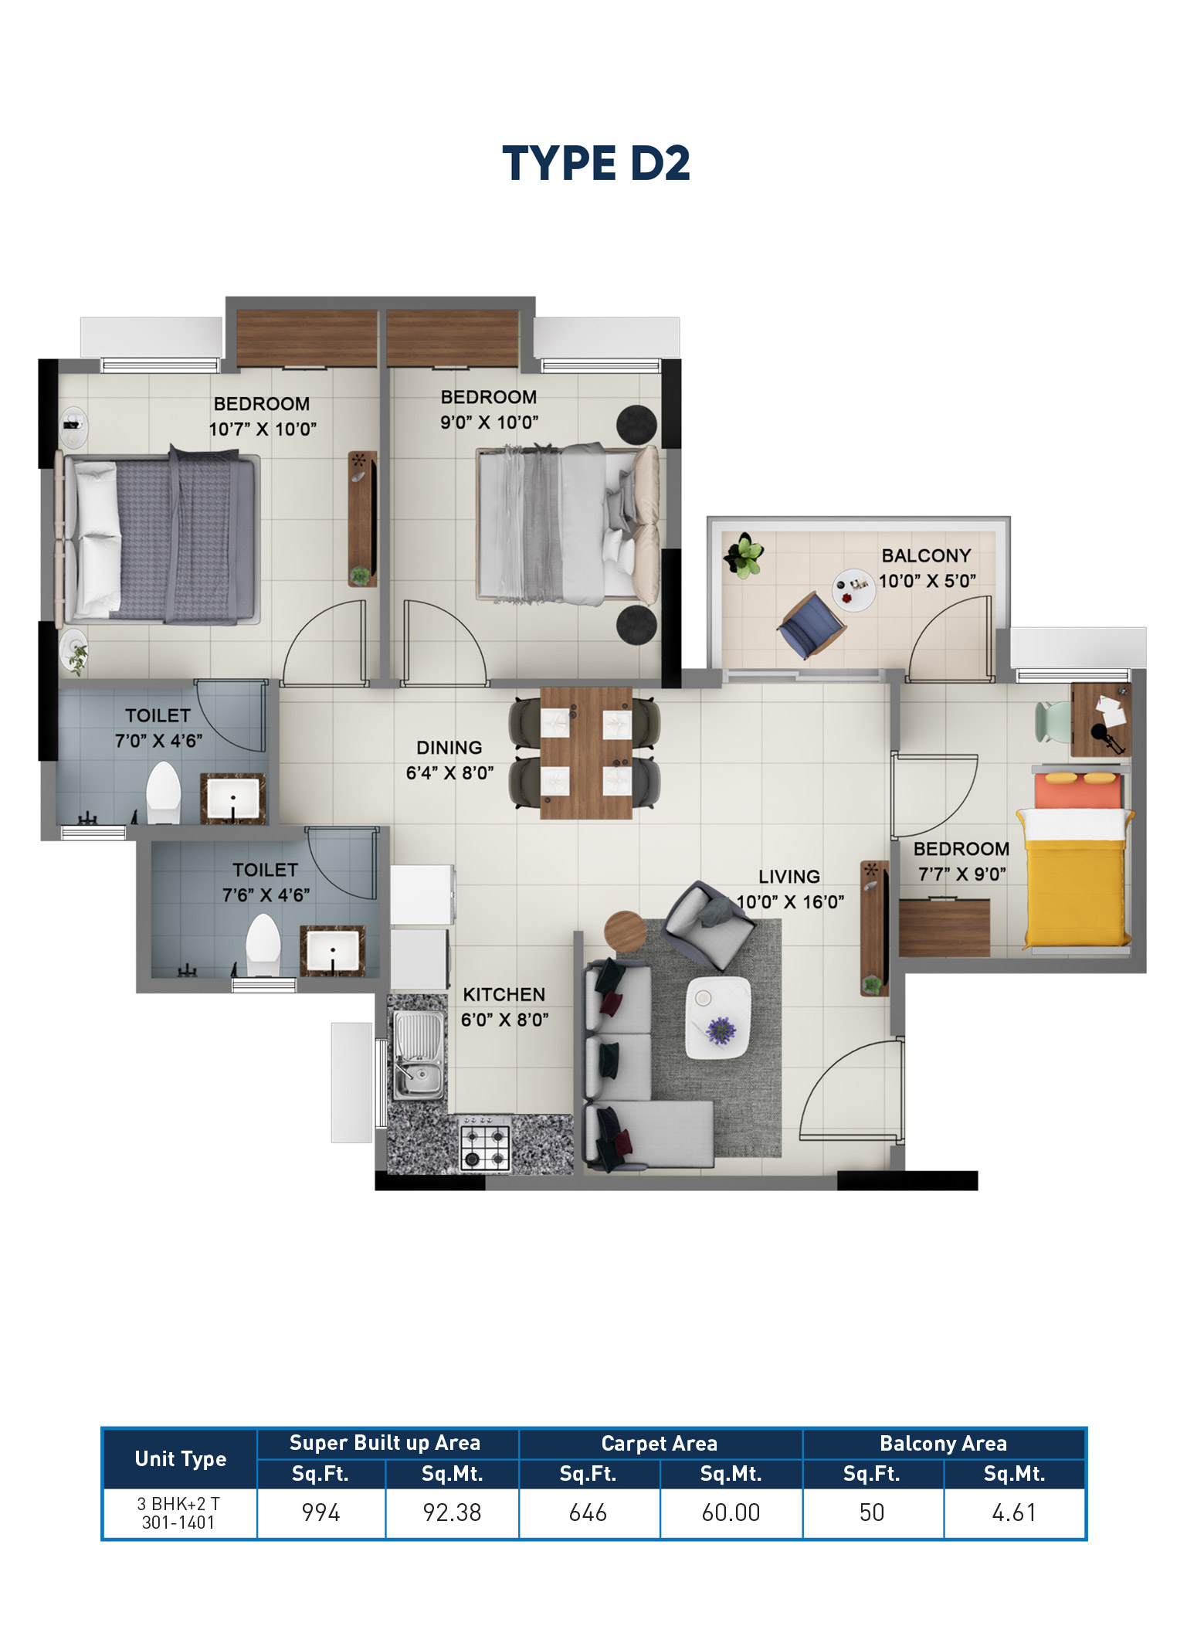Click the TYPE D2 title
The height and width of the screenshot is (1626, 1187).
(595, 163)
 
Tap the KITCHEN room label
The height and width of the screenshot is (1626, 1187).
(504, 994)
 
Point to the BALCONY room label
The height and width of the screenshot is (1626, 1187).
(926, 555)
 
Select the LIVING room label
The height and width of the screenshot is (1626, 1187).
(789, 876)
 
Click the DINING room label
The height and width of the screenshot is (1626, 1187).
(449, 747)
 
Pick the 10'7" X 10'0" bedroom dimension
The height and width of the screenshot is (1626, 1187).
(263, 429)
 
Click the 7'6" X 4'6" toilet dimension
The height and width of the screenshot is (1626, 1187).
(266, 895)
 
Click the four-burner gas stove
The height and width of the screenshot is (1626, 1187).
(485, 1147)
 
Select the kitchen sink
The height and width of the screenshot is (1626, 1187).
(418, 1055)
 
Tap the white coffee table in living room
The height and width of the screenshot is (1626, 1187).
(717, 1017)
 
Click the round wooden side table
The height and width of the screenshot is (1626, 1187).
(625, 932)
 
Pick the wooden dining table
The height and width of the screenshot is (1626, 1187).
(585, 752)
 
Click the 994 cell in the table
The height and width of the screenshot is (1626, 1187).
(320, 1512)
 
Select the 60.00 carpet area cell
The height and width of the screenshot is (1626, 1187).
(731, 1512)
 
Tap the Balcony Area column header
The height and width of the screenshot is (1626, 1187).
(943, 1443)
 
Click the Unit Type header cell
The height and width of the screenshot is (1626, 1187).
(180, 1458)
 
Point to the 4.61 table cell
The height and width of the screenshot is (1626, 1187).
(1014, 1512)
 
